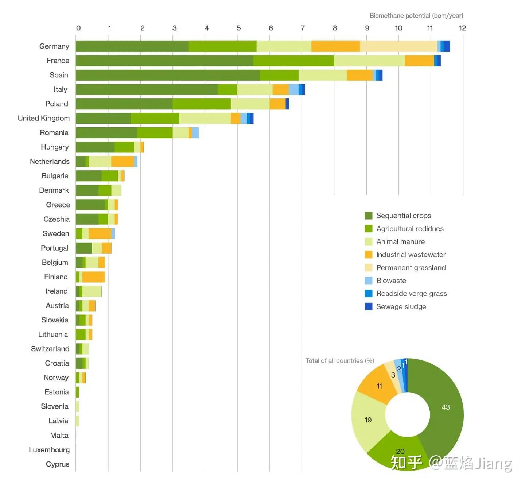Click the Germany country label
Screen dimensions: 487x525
(54, 46)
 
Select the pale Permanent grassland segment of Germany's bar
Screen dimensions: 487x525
(398, 46)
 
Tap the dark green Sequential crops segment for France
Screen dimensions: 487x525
(164, 61)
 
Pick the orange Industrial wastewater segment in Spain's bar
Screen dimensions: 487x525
(359, 75)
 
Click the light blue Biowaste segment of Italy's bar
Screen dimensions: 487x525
(293, 90)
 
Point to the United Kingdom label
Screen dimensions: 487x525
(43, 118)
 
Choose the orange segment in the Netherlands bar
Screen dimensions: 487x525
(122, 162)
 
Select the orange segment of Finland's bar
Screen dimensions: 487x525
(94, 277)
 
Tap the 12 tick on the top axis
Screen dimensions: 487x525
(462, 28)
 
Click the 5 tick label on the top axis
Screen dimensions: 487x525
(238, 28)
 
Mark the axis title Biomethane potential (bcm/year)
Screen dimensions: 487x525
(416, 16)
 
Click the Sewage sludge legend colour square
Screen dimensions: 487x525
(369, 306)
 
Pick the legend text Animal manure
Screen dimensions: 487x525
(400, 241)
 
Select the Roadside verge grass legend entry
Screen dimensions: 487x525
(411, 294)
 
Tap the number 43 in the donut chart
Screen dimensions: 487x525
(446, 407)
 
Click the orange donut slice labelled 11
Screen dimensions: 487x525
(377, 385)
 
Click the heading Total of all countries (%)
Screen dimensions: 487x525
(339, 361)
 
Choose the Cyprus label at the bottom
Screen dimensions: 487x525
(57, 464)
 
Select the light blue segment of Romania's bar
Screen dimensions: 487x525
(195, 133)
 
